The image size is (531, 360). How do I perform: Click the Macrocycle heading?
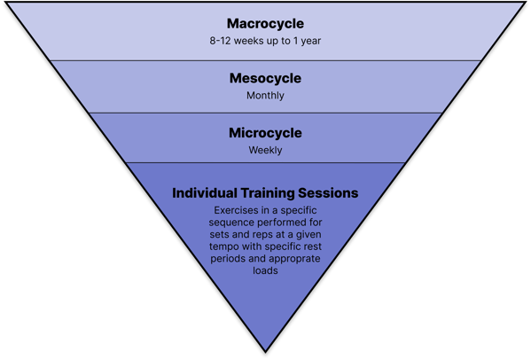[x=265, y=24]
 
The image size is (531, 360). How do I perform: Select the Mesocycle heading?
[x=265, y=78]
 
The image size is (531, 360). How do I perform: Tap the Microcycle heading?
[x=265, y=133]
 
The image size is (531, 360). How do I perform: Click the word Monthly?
[x=265, y=96]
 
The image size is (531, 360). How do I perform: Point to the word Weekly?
[x=265, y=150]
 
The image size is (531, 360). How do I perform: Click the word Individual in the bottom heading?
[x=205, y=193]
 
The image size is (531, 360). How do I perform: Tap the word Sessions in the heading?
[x=328, y=193]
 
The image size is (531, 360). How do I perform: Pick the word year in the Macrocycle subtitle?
[x=311, y=42]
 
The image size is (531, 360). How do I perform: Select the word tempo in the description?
[x=224, y=247]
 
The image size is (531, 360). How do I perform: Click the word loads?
[x=265, y=270]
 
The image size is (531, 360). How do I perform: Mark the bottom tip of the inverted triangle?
[x=266, y=353]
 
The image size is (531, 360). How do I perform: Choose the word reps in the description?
[x=262, y=235]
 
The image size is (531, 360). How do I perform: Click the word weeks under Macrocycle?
[x=248, y=41]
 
